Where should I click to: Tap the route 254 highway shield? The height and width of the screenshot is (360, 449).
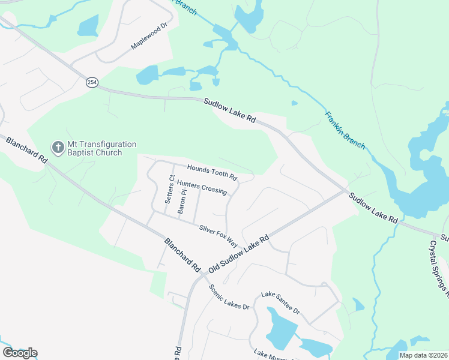(92, 82)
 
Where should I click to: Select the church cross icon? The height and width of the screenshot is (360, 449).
(58, 148)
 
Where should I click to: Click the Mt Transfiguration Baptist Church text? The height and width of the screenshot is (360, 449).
(94, 148)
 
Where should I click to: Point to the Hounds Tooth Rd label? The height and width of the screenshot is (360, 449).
(212, 173)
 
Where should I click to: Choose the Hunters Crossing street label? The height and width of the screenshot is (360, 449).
(202, 188)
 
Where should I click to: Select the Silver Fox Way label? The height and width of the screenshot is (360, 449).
(218, 235)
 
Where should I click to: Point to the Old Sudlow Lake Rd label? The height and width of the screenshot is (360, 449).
(240, 252)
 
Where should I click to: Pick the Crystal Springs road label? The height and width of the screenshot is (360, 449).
(439, 270)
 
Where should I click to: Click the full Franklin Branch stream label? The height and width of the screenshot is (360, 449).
(345, 130)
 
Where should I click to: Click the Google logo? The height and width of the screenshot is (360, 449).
(20, 353)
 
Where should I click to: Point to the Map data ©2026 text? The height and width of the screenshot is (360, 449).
(423, 355)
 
